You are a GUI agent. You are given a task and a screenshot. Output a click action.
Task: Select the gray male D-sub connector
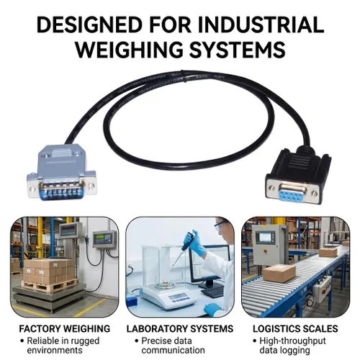61,172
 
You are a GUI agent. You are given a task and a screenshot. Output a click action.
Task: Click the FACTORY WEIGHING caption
65,328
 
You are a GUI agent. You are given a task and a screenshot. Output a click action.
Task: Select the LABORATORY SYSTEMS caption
180,328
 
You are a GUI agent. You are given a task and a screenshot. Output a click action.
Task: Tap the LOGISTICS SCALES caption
295,328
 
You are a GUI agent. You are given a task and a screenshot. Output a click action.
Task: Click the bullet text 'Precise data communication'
173,346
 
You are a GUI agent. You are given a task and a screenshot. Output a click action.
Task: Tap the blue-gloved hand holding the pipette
196,243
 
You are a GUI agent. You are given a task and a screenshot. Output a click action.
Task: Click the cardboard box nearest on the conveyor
279,273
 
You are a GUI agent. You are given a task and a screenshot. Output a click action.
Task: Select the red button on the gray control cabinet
266,251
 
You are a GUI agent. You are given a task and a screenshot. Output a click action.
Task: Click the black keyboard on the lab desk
212,291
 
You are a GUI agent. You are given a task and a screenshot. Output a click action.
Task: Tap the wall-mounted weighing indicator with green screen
105,239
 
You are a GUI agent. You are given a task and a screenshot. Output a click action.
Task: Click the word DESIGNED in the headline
89,24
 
